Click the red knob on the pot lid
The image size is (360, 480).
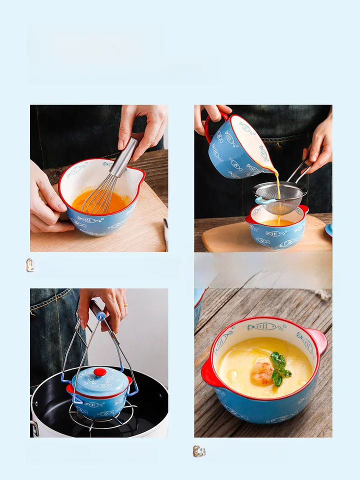coord(100,372)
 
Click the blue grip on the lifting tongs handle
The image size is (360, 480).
coord(101,316)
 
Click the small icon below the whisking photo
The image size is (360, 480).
coord(30,265)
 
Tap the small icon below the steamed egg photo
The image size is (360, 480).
coord(199,451)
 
